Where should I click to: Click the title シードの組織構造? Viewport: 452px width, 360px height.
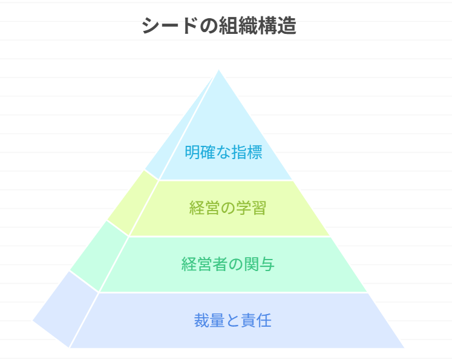(x=219, y=26)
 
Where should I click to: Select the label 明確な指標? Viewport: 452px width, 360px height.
(x=223, y=152)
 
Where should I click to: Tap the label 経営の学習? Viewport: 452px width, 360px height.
(x=228, y=208)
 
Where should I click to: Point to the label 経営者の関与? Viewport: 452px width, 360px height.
(x=228, y=264)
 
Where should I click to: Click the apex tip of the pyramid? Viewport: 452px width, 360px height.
(x=218, y=70)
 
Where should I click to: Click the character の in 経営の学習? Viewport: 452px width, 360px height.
(x=228, y=208)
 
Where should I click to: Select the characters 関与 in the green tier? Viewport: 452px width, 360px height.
(x=261, y=264)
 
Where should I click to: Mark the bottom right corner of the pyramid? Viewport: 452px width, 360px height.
(x=404, y=347)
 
